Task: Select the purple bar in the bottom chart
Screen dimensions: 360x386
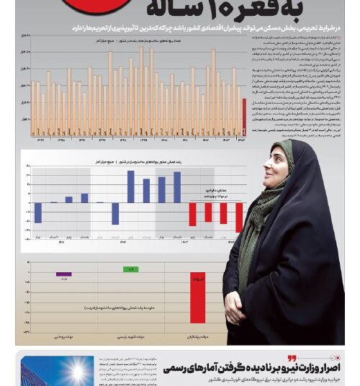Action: (x=64, y=274)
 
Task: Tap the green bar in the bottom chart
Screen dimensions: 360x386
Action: (x=131, y=269)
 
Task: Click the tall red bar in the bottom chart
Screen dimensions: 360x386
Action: (x=197, y=297)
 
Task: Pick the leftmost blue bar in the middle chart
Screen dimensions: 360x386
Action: (x=38, y=212)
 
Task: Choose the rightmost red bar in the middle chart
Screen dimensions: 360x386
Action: (x=238, y=217)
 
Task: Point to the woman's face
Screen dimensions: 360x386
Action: (x=276, y=165)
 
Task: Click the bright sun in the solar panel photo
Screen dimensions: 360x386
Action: (x=75, y=372)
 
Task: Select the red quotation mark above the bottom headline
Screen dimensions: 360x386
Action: (x=292, y=358)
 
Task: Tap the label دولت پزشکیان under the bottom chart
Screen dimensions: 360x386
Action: (x=197, y=336)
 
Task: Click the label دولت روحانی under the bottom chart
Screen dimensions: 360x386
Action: (x=64, y=336)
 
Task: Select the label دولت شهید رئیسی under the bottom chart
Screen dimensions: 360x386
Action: (x=131, y=336)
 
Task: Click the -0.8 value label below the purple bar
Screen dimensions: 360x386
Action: (x=64, y=279)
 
